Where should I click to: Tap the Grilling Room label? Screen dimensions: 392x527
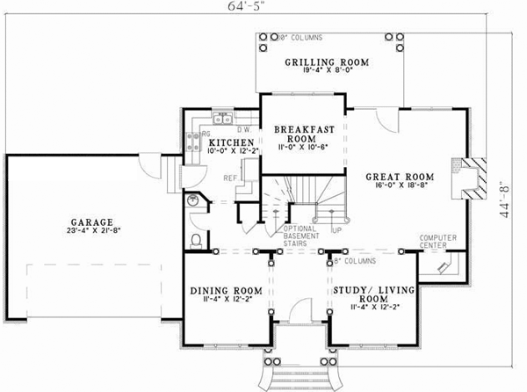point(326,62)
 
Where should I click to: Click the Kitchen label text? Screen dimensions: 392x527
point(232,142)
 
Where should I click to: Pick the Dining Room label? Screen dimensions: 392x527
point(227,290)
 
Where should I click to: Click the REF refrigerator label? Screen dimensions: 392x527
point(231,178)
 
